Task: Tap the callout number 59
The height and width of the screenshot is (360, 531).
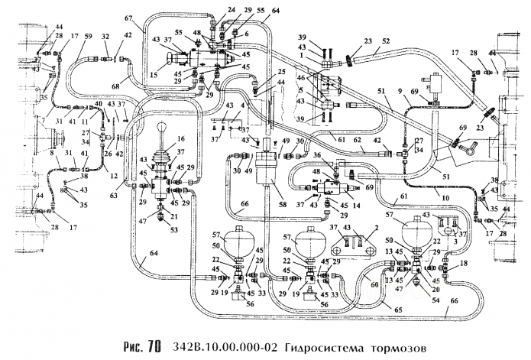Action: pyautogui.click(x=89, y=36)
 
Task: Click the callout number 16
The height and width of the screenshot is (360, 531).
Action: pyautogui.click(x=180, y=140)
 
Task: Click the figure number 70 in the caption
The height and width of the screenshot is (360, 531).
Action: pyautogui.click(x=153, y=347)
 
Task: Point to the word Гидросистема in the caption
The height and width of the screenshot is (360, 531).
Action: pyautogui.click(x=319, y=348)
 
